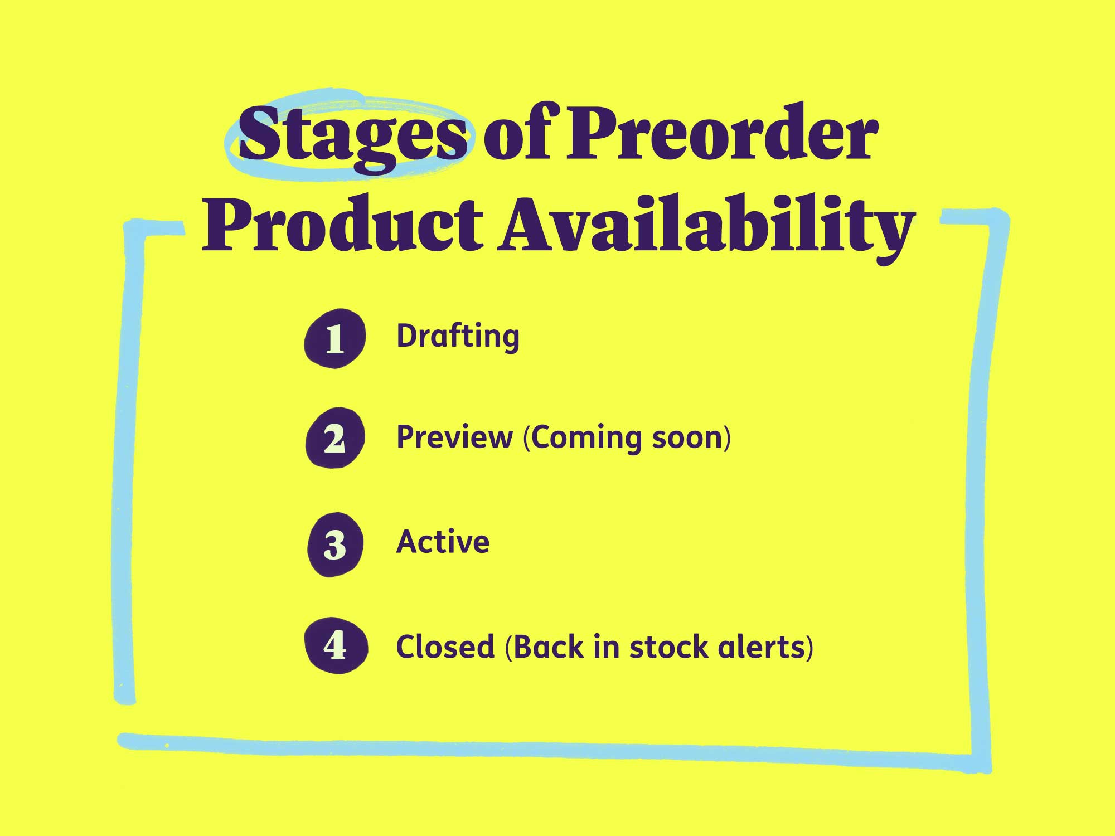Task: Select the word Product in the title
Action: pos(341,226)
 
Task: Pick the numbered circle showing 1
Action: pos(334,338)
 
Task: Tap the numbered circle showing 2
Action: pos(334,439)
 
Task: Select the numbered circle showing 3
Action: pos(334,545)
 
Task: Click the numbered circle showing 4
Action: pos(335,646)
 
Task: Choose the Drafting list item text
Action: pos(458,337)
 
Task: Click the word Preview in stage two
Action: pos(454,437)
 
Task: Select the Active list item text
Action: pos(443,542)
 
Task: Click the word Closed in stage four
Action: pos(445,647)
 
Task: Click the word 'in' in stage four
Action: pos(607,647)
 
